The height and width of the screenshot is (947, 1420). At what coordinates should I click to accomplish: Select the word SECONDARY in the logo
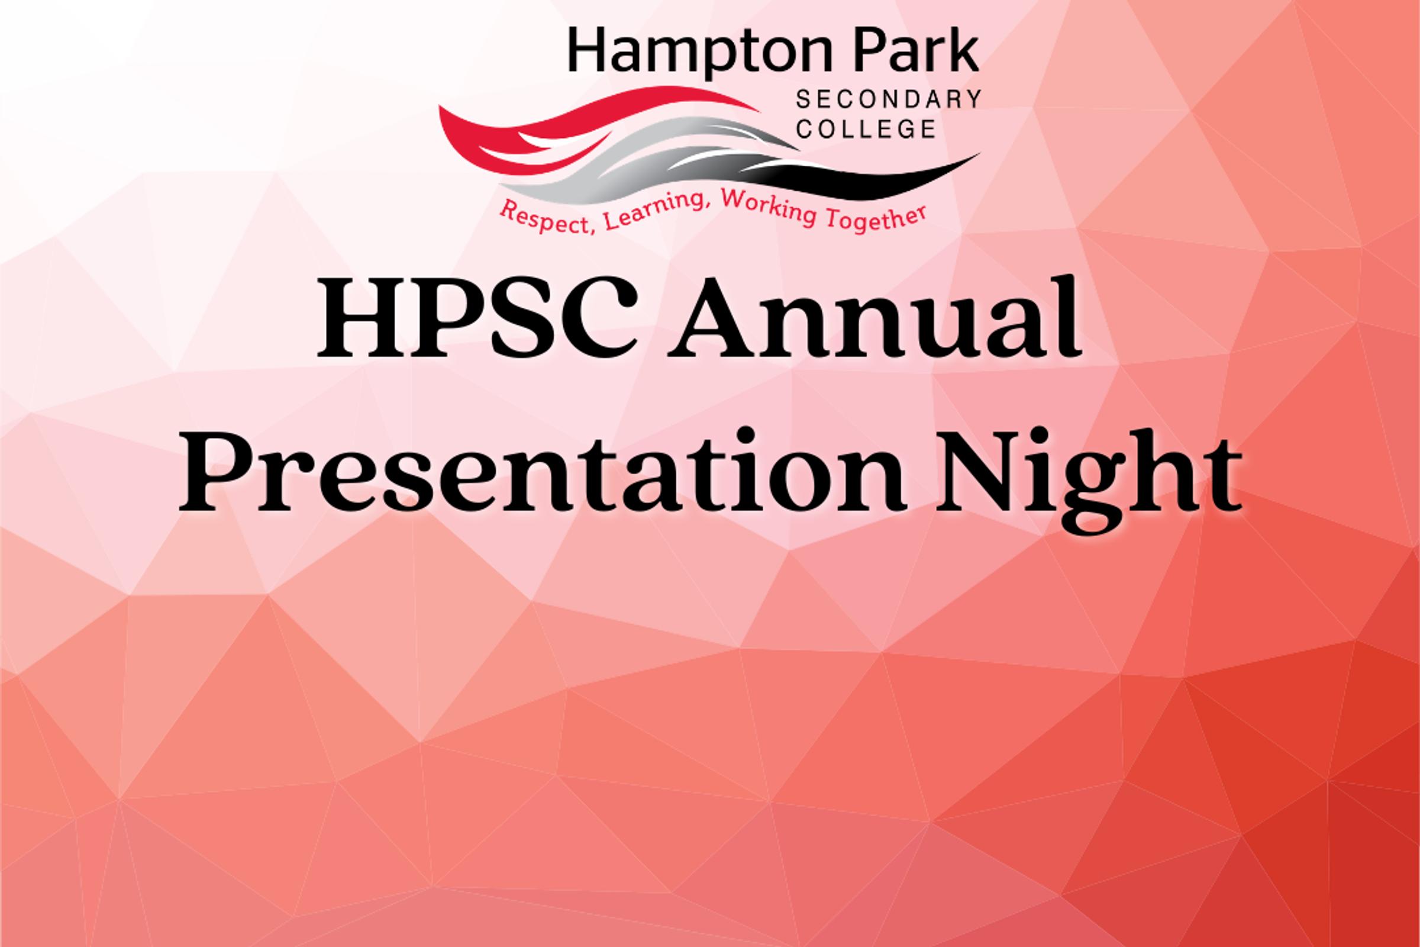point(889,99)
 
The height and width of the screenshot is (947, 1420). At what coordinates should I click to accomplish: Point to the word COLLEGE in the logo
point(866,128)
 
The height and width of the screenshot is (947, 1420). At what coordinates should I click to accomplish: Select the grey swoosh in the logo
point(640,163)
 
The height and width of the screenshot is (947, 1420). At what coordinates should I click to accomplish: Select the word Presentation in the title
point(541,471)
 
